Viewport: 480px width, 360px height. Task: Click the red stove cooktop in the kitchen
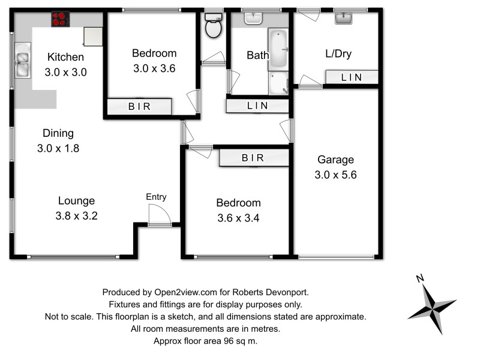(59, 19)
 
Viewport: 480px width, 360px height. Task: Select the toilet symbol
(212, 25)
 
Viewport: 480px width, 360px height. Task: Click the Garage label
(335, 160)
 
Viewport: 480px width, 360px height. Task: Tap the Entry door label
(156, 197)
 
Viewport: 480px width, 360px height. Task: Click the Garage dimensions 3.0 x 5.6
(336, 175)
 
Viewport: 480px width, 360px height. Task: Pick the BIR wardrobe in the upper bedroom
(140, 107)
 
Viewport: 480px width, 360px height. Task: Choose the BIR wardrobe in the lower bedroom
(253, 158)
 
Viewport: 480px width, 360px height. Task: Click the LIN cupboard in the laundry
(352, 77)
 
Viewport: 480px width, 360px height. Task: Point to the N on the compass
(421, 278)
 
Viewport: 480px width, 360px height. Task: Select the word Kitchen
(66, 58)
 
